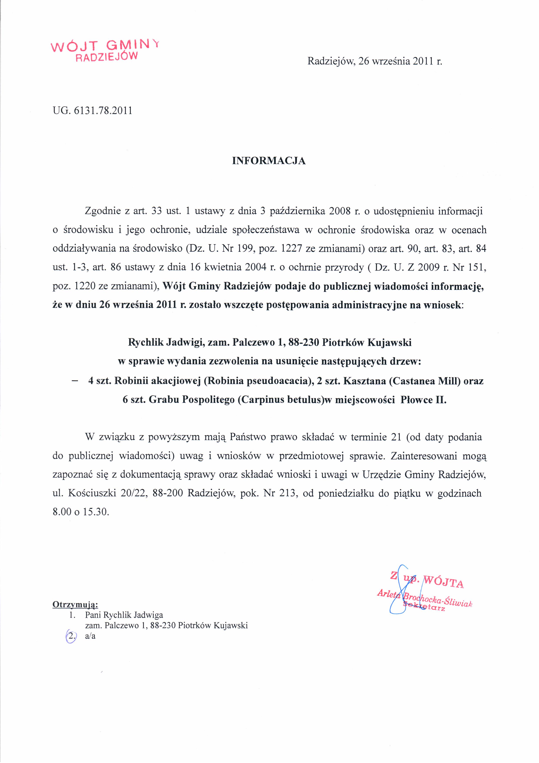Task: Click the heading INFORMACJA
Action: point(269,161)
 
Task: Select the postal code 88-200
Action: point(168,493)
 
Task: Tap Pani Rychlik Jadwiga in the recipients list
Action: point(124,615)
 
